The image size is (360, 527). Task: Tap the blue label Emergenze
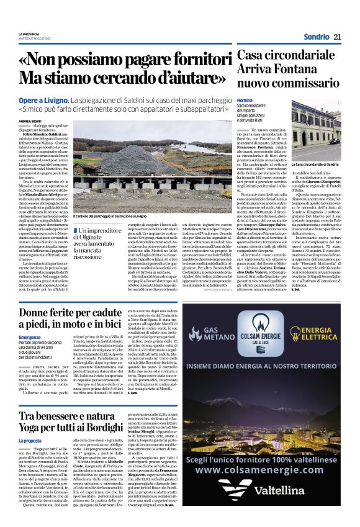pos(30,338)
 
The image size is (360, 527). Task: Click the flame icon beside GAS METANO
pos(192,332)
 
